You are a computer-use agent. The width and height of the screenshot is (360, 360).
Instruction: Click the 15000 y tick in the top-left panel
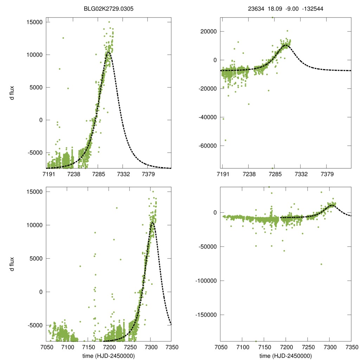coord(34,22)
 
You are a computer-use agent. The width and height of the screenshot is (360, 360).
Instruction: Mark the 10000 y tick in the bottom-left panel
coord(34,225)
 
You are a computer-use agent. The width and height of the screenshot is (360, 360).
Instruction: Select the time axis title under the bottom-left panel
coord(108,355)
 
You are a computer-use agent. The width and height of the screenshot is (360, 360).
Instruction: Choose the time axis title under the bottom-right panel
coord(286,355)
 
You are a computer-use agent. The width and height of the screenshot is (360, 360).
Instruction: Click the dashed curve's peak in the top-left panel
coord(109,52)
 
